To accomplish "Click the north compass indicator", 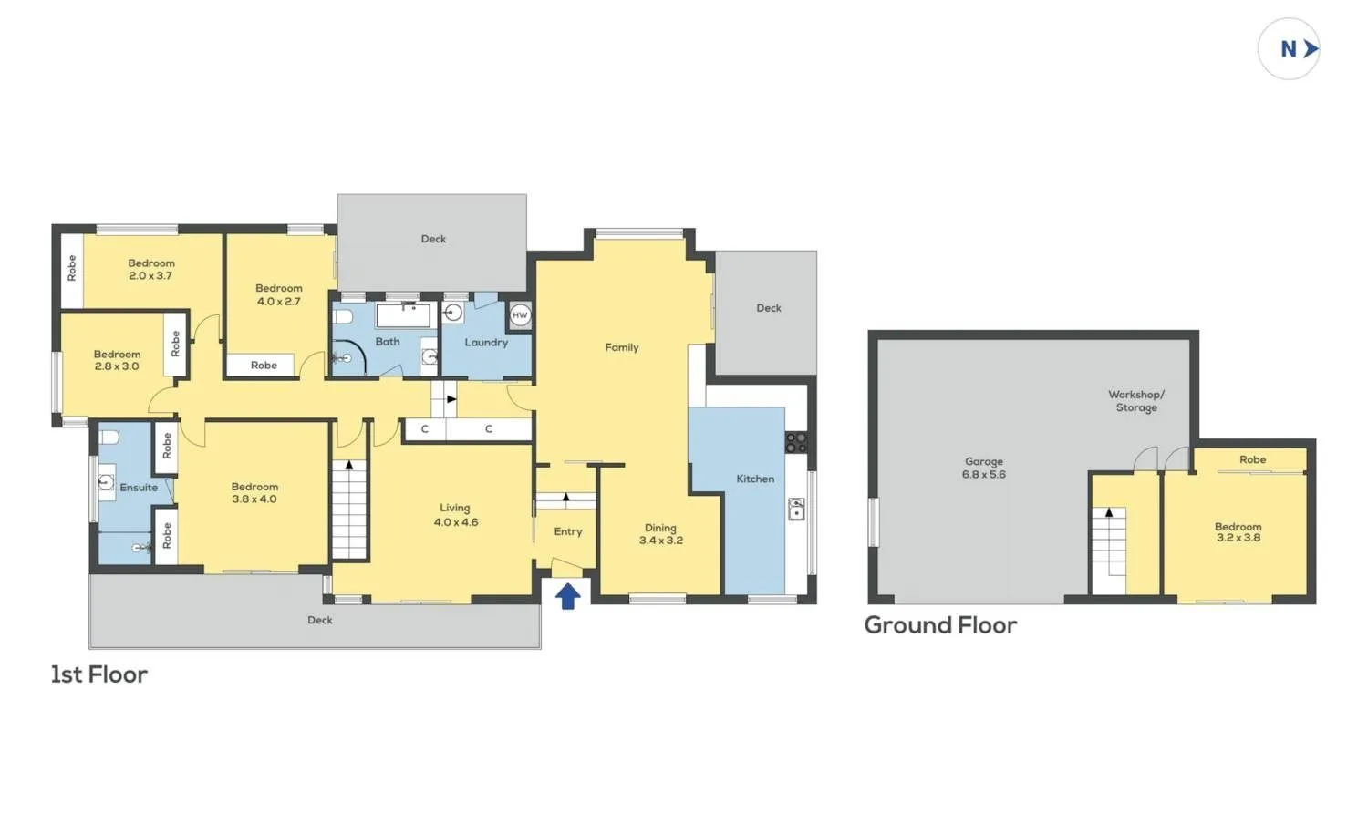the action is pos(1289,49).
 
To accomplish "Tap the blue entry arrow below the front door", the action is pos(568,596).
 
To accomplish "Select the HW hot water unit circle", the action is pos(520,315).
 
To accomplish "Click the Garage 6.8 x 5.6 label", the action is pos(983,468).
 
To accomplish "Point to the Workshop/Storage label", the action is pos(1136,401).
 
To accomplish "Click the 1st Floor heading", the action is pos(98,674).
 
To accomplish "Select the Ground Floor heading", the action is pos(940,625).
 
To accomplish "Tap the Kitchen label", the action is pos(755,479).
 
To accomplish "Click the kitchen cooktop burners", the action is pos(796,443).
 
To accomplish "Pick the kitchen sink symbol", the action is pos(796,509).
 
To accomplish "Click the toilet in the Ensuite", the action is pos(109,438).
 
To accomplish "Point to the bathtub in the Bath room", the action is pos(404,315).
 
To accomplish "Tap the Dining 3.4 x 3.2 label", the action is pos(661,533).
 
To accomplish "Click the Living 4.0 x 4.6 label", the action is pos(456,515).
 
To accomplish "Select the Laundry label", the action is pos(486,343).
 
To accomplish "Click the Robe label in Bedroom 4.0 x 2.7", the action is pos(264,366).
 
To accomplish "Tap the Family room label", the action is pos(622,347).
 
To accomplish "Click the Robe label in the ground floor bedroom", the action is pos(1252,459).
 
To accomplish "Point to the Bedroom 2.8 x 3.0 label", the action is pos(117,360).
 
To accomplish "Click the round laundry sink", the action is pos(452,314).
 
